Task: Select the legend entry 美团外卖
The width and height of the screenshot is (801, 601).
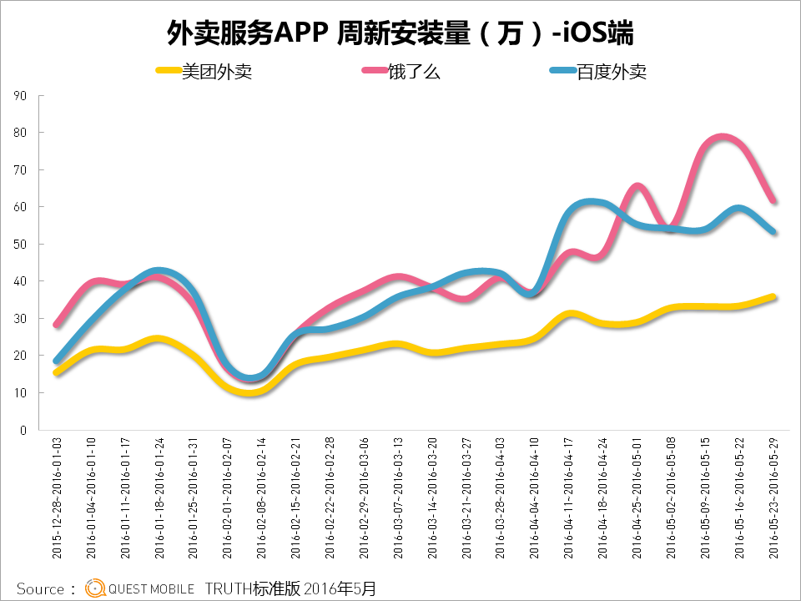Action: (216, 72)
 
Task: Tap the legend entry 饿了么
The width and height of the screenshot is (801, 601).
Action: (413, 72)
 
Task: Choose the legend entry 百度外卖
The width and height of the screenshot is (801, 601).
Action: (611, 72)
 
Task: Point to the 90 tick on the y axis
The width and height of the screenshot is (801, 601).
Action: (21, 96)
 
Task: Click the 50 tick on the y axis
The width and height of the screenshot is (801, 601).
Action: (21, 245)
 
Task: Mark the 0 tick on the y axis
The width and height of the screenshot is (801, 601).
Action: (23, 431)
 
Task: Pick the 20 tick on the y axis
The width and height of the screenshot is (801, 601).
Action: (21, 356)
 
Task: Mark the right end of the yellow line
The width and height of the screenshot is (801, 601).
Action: (773, 296)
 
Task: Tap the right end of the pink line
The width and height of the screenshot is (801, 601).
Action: (773, 200)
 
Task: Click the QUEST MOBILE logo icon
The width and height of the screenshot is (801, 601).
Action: (95, 588)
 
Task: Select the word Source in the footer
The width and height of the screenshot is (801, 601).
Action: (40, 588)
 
